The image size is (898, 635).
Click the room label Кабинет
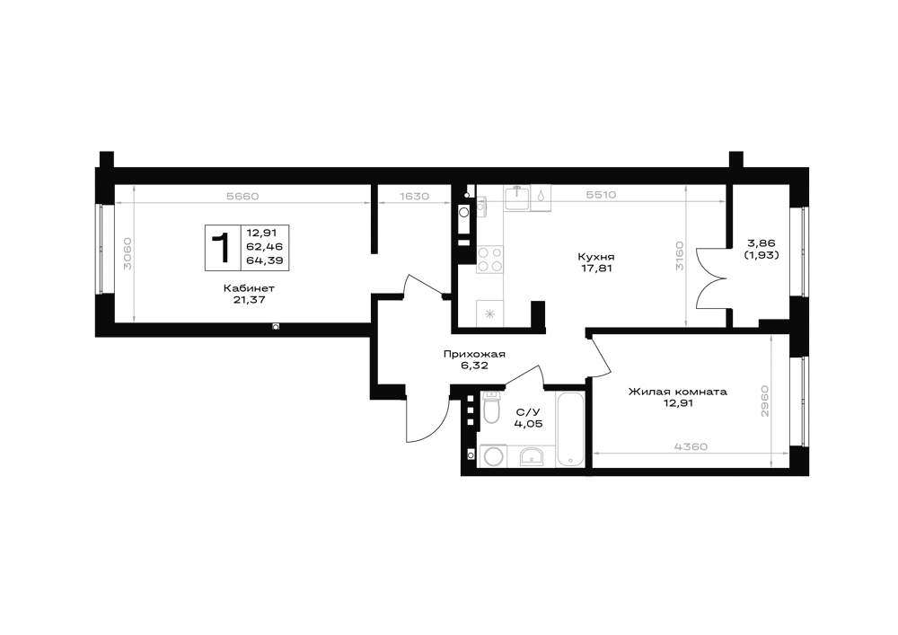pos(249,288)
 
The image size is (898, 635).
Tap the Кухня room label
pos(595,257)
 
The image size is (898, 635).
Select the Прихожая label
pos(474,355)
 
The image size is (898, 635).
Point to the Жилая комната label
pos(677,392)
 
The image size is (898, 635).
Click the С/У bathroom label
pos(528,411)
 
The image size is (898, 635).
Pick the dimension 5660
pos(242,196)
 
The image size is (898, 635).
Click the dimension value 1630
pos(414,196)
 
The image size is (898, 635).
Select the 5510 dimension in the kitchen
pos(602,195)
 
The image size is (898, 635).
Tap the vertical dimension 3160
pos(679,257)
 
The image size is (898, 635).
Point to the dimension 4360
pos(691,446)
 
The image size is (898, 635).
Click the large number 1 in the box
pos(221,248)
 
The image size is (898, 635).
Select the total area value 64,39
pos(265,260)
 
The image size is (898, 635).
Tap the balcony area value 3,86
pos(762,243)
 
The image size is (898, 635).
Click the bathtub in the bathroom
pos(570,429)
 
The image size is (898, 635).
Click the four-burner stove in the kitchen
pos(489,259)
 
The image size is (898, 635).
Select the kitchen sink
pos(517,198)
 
